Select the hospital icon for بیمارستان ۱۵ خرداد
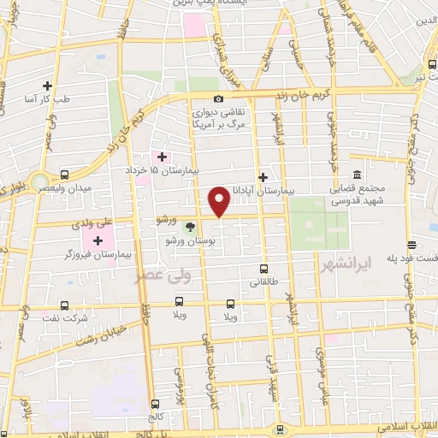161,157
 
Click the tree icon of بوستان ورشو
190,227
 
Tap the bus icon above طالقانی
264,267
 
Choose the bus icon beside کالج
155,404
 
